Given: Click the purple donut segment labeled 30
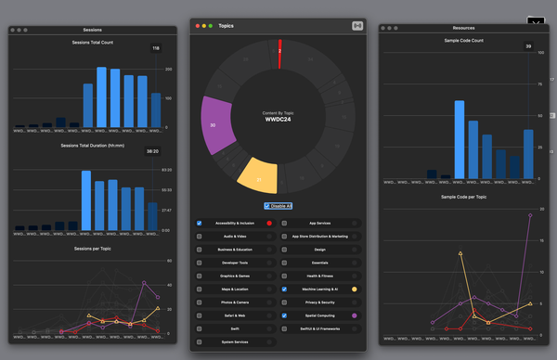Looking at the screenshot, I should (x=214, y=124).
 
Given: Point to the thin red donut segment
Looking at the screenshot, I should (x=279, y=54).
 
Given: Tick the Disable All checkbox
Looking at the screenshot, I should (x=267, y=206).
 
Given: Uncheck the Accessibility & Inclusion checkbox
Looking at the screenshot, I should (x=200, y=224).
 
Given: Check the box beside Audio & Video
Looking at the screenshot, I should (x=200, y=237).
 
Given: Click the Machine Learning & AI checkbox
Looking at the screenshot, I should (x=285, y=289).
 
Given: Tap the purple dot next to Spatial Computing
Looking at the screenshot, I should (x=355, y=316).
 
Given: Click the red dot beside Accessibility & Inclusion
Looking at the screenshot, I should (x=269, y=224).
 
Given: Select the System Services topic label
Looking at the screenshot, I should (x=234, y=342).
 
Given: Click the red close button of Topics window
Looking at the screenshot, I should (x=198, y=26).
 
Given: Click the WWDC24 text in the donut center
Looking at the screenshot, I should (x=278, y=120).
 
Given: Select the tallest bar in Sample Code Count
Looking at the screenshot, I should (x=460, y=138).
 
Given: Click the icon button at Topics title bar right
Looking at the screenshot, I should (x=357, y=25).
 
